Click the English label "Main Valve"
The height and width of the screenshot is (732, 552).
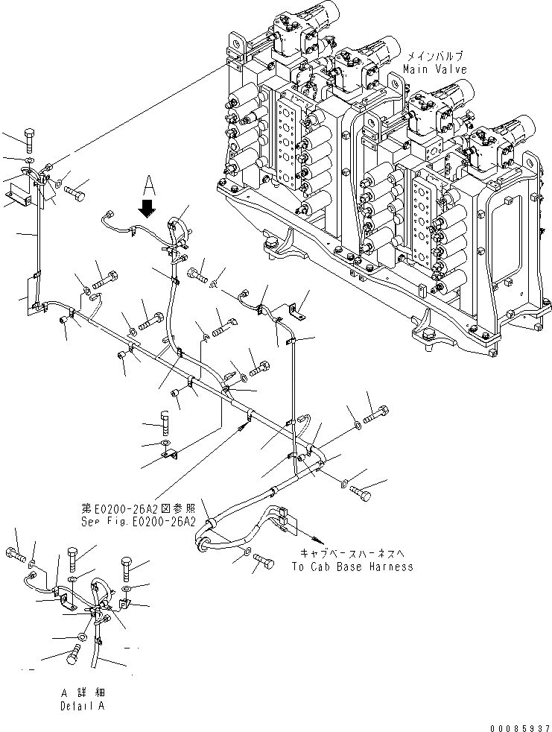pos(435,69)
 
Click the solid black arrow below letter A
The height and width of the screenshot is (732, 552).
pos(148,207)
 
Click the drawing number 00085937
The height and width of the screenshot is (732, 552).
pos(519,726)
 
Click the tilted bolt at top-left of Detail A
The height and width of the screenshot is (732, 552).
pos(16,554)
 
